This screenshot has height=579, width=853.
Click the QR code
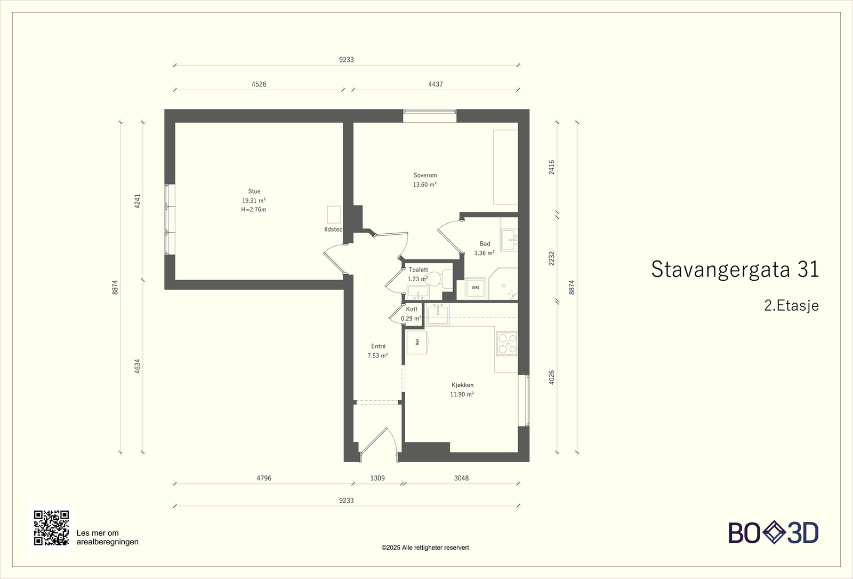(51, 528)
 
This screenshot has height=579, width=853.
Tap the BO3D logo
(774, 533)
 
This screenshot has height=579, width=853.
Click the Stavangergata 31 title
(735, 269)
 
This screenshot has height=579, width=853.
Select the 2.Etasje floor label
(791, 306)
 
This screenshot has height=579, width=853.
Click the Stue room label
(254, 192)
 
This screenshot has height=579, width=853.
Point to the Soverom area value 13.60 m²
(424, 185)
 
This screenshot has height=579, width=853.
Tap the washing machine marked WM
(475, 288)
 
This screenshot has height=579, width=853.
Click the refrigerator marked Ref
(416, 342)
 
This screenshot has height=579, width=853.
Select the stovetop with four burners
(507, 344)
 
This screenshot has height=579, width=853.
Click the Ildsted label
(333, 229)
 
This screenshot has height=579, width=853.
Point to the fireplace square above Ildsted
(334, 214)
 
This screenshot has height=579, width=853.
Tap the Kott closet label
(412, 309)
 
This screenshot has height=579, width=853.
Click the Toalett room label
(419, 269)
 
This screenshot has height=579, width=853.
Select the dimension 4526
(259, 84)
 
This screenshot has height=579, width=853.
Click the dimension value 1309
(377, 478)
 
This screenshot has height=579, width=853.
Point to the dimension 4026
(551, 377)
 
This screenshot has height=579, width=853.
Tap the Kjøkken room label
(462, 385)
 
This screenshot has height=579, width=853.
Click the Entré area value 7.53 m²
(378, 355)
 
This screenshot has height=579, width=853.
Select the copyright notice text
(425, 548)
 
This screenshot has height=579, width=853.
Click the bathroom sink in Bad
(510, 240)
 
